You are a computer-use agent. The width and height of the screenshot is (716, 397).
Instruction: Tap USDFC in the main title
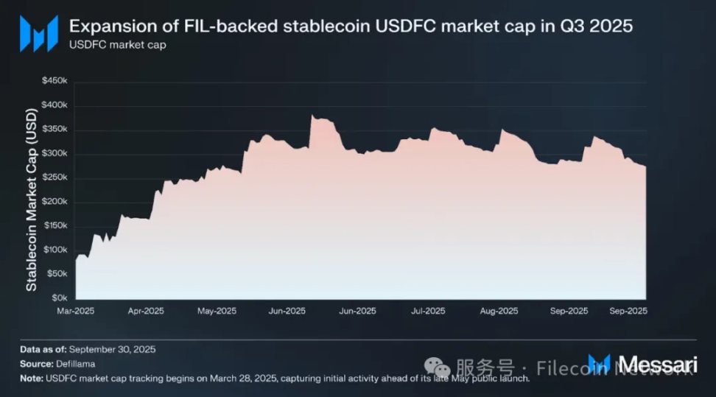click(x=402, y=27)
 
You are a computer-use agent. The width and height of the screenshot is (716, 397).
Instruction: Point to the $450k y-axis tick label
click(x=55, y=81)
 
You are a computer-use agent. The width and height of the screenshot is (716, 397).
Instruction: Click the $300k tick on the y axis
click(x=55, y=153)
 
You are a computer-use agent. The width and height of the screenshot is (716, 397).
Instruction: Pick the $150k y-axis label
click(x=55, y=226)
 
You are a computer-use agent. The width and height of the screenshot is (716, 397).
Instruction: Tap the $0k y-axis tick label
click(x=60, y=298)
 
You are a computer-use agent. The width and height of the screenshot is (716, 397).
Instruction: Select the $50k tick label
click(x=57, y=274)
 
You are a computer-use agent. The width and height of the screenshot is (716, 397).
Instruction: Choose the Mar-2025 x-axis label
click(x=77, y=312)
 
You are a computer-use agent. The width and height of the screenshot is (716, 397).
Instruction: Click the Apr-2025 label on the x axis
click(x=146, y=312)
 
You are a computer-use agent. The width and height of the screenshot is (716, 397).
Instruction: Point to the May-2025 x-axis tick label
click(x=216, y=312)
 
